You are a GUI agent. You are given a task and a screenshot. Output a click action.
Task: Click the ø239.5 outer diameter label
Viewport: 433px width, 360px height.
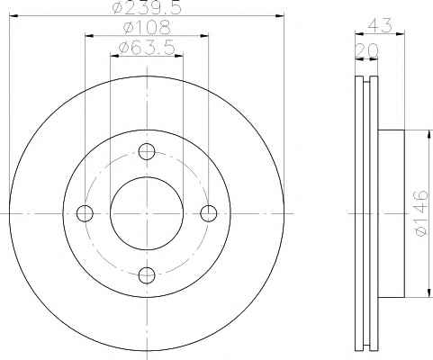147,7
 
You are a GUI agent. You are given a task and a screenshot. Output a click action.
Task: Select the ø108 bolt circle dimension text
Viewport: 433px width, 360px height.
147,27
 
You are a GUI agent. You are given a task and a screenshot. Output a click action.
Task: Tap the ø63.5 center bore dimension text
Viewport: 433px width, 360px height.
147,48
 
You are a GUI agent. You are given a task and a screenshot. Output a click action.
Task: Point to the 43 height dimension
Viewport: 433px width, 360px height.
380,25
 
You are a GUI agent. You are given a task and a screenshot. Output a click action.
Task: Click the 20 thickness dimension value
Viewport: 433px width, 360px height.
366,50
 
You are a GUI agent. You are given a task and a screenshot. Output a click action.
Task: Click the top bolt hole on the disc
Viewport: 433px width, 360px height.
147,151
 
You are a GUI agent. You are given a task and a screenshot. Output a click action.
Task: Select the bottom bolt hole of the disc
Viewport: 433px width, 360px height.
147,275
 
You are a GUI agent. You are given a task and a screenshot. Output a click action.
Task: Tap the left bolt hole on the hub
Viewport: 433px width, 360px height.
85,213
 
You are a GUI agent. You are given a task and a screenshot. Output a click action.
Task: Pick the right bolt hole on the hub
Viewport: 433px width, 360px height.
209,213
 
